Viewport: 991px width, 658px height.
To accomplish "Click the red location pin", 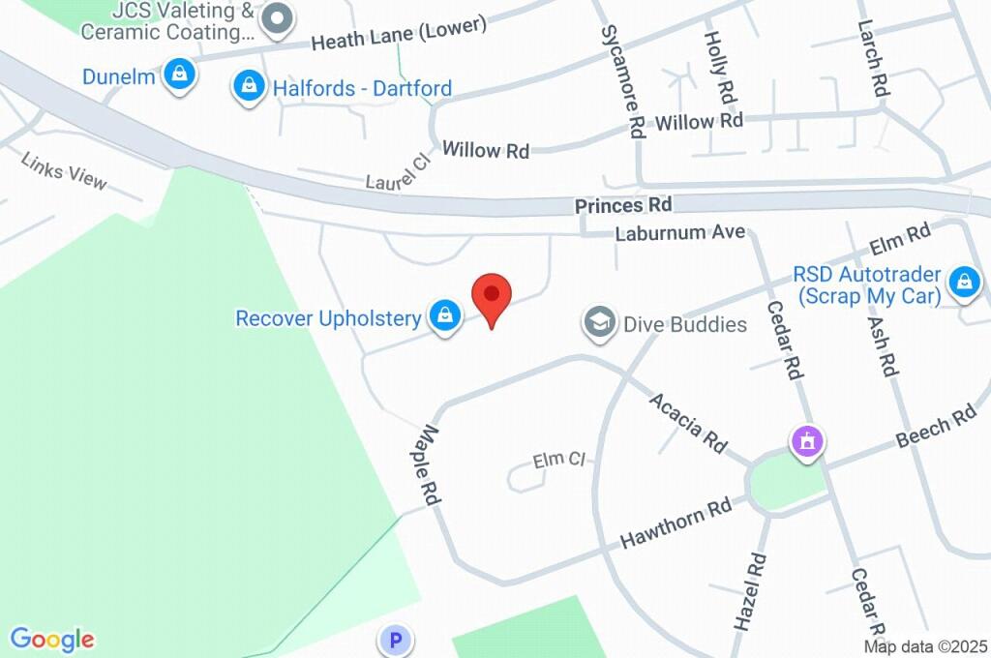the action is [492, 296].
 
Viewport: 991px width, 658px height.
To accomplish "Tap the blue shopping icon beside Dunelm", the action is [179, 75].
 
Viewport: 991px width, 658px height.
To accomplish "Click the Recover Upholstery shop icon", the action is [444, 315].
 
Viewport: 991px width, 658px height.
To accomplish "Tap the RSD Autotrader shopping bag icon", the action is [964, 283].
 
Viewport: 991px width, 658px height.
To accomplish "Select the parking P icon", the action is [395, 640].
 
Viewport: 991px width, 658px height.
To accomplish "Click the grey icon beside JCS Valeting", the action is [278, 18].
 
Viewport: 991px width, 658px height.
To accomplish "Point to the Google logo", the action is [52, 640].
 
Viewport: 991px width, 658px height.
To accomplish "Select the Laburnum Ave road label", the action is [681, 233].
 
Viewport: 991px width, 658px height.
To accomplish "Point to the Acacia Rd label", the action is [688, 422].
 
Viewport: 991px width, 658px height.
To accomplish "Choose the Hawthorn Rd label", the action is [676, 523].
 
